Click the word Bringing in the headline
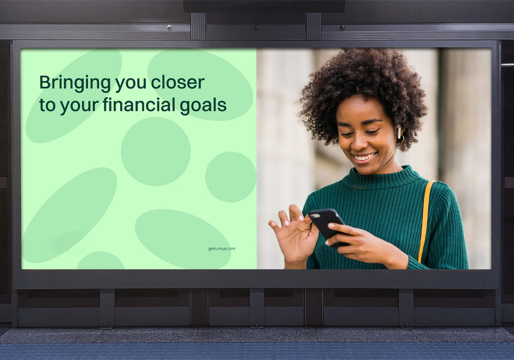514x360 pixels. click(75, 83)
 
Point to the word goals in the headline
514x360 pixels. click(203, 106)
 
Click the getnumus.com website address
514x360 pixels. click(222, 249)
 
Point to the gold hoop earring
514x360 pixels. click(400, 139)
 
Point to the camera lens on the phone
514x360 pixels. click(314, 215)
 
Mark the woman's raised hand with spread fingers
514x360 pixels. click(292, 233)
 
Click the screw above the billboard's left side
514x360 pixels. click(170, 28)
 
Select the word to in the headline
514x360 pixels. click(47, 105)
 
